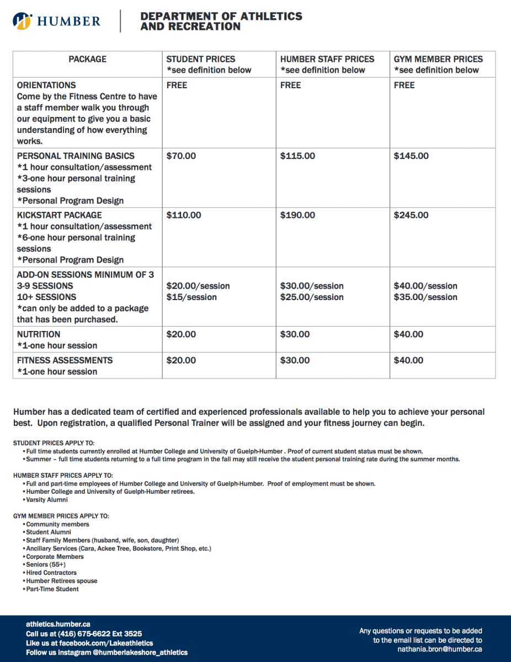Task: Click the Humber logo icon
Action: [22, 22]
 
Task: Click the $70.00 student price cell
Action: [181, 156]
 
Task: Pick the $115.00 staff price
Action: [297, 156]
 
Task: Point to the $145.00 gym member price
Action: [411, 156]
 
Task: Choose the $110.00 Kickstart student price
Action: [184, 215]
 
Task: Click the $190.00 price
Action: [297, 215]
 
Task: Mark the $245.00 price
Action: [411, 215]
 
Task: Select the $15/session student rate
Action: [191, 297]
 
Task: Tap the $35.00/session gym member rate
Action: [425, 297]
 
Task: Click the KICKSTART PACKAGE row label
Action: [60, 215]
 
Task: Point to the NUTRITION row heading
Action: [39, 334]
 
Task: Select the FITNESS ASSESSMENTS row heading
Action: [65, 360]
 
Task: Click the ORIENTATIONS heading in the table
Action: [46, 86]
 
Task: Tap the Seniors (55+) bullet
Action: [46, 565]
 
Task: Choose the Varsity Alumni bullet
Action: [47, 500]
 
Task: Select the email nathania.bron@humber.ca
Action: [440, 649]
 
